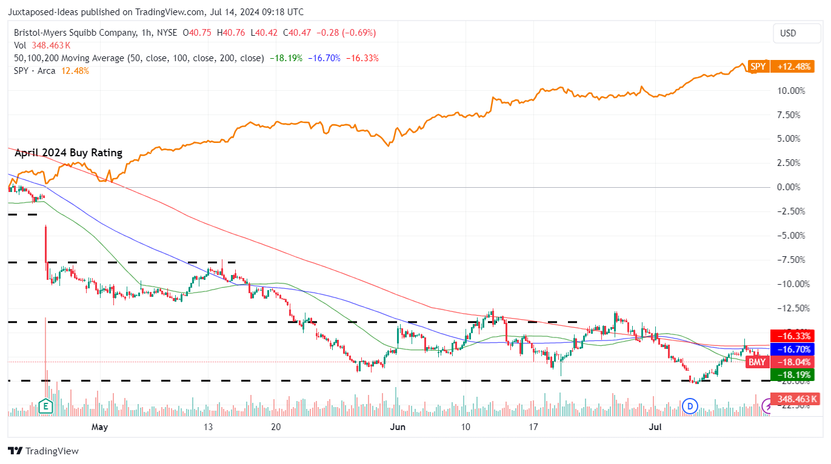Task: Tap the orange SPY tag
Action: click(758, 67)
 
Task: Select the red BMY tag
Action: click(756, 362)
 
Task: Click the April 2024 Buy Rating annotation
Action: click(68, 153)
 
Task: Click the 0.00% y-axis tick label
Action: click(792, 187)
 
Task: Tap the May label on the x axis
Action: click(99, 427)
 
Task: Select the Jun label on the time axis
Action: click(397, 427)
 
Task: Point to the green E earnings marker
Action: click(45, 406)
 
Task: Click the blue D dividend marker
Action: click(690, 406)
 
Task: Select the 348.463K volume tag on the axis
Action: click(795, 399)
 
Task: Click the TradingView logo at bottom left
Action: click(43, 451)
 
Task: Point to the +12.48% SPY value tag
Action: click(792, 67)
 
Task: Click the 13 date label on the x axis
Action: click(208, 427)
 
